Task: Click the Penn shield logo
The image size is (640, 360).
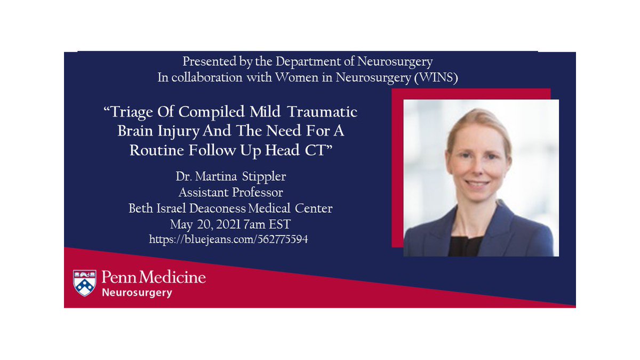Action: click(x=85, y=283)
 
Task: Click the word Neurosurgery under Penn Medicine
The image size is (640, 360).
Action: click(x=137, y=293)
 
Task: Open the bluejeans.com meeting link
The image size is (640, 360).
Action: click(x=229, y=239)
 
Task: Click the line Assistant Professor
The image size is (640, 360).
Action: click(x=230, y=192)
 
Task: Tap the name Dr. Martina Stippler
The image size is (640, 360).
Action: click(x=230, y=177)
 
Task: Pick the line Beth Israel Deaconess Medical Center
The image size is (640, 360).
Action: click(x=230, y=208)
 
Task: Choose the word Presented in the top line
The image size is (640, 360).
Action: click(x=205, y=61)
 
